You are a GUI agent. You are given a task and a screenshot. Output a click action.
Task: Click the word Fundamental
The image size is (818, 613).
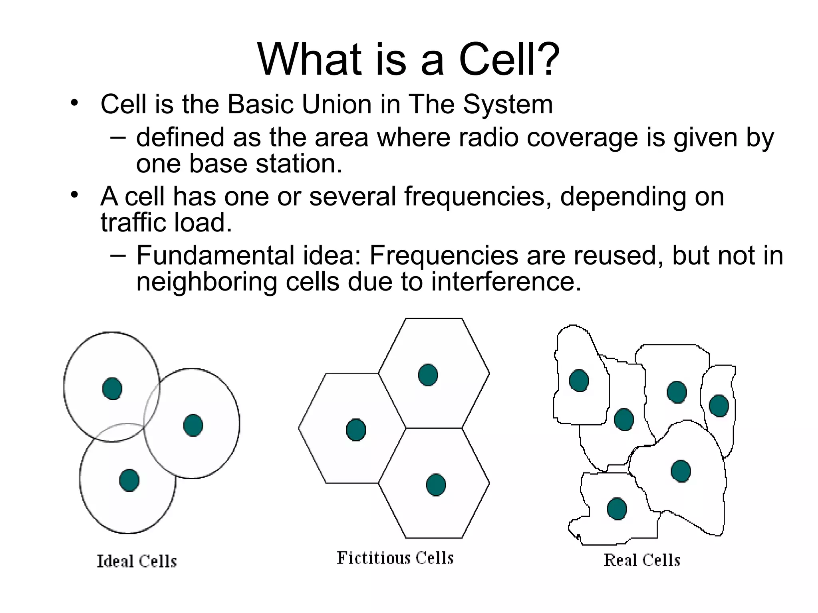click(x=215, y=255)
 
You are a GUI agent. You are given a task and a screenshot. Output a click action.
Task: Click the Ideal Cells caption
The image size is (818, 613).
click(x=137, y=562)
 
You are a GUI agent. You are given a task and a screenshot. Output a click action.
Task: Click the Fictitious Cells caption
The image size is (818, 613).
click(x=395, y=558)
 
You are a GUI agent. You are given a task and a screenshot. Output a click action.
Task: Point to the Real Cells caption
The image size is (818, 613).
click(x=641, y=560)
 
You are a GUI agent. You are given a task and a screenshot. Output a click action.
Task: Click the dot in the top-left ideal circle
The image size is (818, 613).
click(x=112, y=388)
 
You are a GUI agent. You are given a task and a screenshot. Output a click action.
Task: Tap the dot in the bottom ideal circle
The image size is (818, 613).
click(x=129, y=480)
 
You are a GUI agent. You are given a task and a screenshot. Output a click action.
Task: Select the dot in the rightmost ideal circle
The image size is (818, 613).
click(x=193, y=425)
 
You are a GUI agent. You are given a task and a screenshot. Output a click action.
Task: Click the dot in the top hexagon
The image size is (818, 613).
click(x=428, y=375)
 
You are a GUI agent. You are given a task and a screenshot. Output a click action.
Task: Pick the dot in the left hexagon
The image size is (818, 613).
click(x=356, y=430)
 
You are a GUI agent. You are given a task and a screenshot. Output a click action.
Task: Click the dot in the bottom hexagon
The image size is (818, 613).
click(x=436, y=484)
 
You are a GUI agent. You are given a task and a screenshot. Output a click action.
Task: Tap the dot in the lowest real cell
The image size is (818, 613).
click(x=617, y=508)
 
